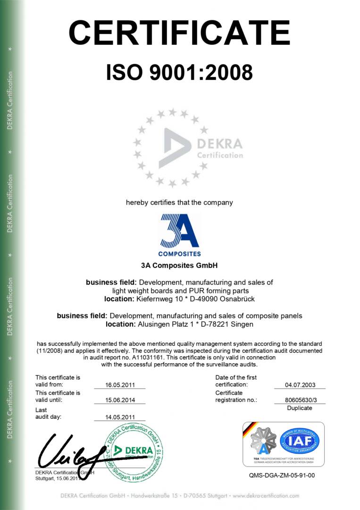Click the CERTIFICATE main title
(x=179, y=33)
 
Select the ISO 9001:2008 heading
(x=179, y=73)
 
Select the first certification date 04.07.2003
(x=299, y=385)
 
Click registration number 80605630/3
(x=299, y=400)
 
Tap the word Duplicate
(x=299, y=408)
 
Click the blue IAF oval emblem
(x=299, y=441)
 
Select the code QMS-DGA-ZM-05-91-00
(x=282, y=475)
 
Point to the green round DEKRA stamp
(x=134, y=452)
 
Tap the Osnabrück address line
(x=179, y=299)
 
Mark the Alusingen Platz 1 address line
(x=179, y=324)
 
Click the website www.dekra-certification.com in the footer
(x=266, y=496)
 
